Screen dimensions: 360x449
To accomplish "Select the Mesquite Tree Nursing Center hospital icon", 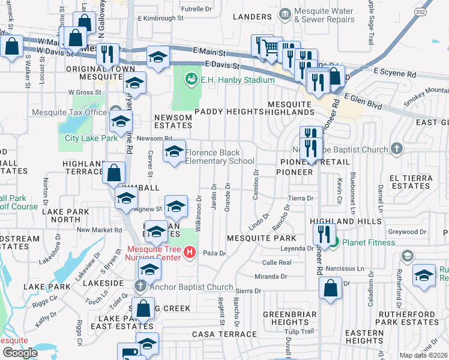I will point(190,251).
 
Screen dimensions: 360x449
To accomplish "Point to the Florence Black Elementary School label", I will point(220,157).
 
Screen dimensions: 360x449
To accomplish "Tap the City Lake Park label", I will point(91,139).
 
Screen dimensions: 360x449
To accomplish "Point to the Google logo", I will point(20,352).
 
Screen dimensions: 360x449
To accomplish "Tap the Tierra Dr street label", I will point(301,198).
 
